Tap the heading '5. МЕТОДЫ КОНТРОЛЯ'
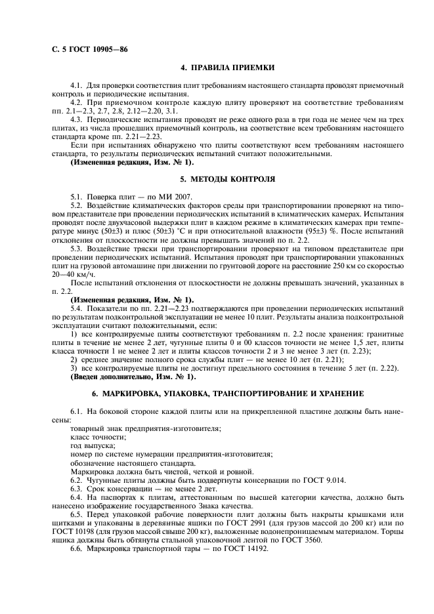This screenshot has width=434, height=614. click(227, 178)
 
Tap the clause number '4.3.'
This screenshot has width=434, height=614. click(77, 120)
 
